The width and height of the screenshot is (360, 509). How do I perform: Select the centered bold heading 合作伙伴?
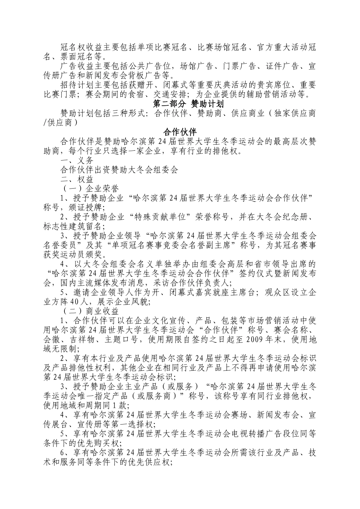[x=180, y=132]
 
